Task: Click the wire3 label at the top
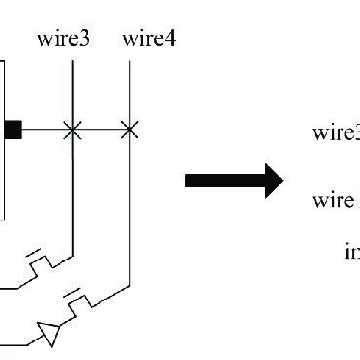64,39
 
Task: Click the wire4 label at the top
148,39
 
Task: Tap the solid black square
13,129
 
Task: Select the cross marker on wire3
72,129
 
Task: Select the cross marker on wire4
129,129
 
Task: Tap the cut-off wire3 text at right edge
336,133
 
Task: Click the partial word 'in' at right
352,252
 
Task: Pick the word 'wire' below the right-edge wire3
333,201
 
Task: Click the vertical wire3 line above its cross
72,93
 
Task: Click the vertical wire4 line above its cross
129,93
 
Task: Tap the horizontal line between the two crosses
100,129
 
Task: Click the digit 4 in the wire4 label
170,39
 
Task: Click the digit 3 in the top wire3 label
86,39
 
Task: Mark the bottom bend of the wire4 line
129,287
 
